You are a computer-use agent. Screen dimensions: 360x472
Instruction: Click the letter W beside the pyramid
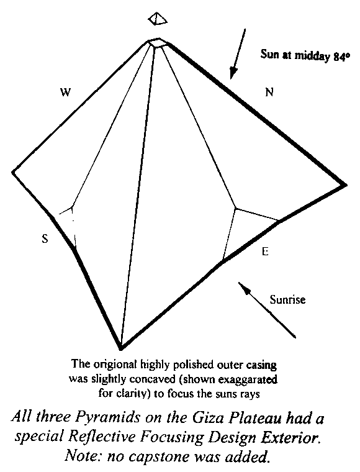click(x=65, y=92)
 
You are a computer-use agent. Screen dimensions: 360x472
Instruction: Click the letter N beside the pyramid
click(x=269, y=92)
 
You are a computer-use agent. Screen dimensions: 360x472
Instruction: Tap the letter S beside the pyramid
click(x=45, y=239)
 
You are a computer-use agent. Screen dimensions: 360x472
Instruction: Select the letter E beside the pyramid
click(x=265, y=252)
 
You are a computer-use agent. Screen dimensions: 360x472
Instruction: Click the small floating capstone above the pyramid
click(x=158, y=19)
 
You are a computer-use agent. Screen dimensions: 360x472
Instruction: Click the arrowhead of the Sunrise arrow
click(x=244, y=288)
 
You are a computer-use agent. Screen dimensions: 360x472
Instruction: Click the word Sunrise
click(x=287, y=300)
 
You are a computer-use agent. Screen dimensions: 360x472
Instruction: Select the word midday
click(x=312, y=56)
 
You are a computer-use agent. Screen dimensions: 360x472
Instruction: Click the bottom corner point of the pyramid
click(x=121, y=349)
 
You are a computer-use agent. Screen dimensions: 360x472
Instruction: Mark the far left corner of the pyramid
click(x=13, y=172)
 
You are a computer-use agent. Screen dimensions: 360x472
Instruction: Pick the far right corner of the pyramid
click(x=344, y=185)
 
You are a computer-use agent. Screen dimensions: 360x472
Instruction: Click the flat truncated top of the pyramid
click(x=158, y=43)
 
